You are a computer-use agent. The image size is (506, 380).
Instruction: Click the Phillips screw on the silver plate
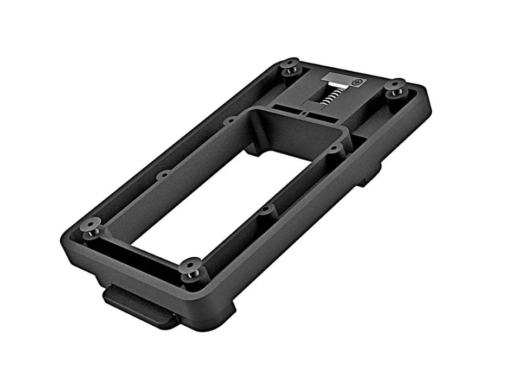pyautogui.click(x=356, y=83)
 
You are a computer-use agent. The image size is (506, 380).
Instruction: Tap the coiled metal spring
pyautogui.click(x=334, y=98)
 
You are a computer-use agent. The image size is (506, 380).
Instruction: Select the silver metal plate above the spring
pyautogui.click(x=341, y=81)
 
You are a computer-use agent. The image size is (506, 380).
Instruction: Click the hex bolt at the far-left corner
pyautogui.click(x=290, y=67)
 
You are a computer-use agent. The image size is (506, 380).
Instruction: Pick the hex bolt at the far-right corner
pyautogui.click(x=395, y=88)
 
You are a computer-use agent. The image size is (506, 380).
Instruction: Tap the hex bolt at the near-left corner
pyautogui.click(x=91, y=227)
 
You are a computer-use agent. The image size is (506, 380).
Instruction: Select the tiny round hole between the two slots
pyautogui.click(x=305, y=113)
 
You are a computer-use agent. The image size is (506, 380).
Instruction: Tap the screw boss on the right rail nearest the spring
pyautogui.click(x=335, y=148)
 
